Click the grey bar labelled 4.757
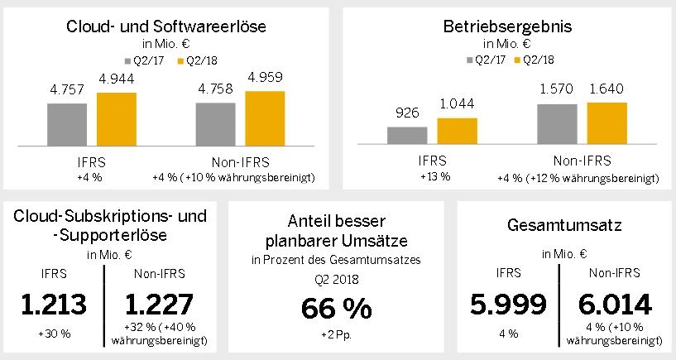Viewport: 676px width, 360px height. pyautogui.click(x=67, y=124)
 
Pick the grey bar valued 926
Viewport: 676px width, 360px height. pyautogui.click(x=407, y=136)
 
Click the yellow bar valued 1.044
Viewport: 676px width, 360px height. pyautogui.click(x=458, y=132)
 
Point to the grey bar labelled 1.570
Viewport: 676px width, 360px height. pyautogui.click(x=557, y=124)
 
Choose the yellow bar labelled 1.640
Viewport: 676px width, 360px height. pyautogui.click(x=607, y=123)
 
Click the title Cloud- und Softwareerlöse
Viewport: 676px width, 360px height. pyautogui.click(x=166, y=26)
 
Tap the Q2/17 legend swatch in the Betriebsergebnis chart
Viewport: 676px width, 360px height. pyautogui.click(x=470, y=60)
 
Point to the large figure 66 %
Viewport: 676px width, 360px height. pyautogui.click(x=335, y=308)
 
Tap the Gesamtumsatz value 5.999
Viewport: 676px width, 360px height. pyautogui.click(x=509, y=305)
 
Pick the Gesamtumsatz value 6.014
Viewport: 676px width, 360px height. pyautogui.click(x=616, y=305)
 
